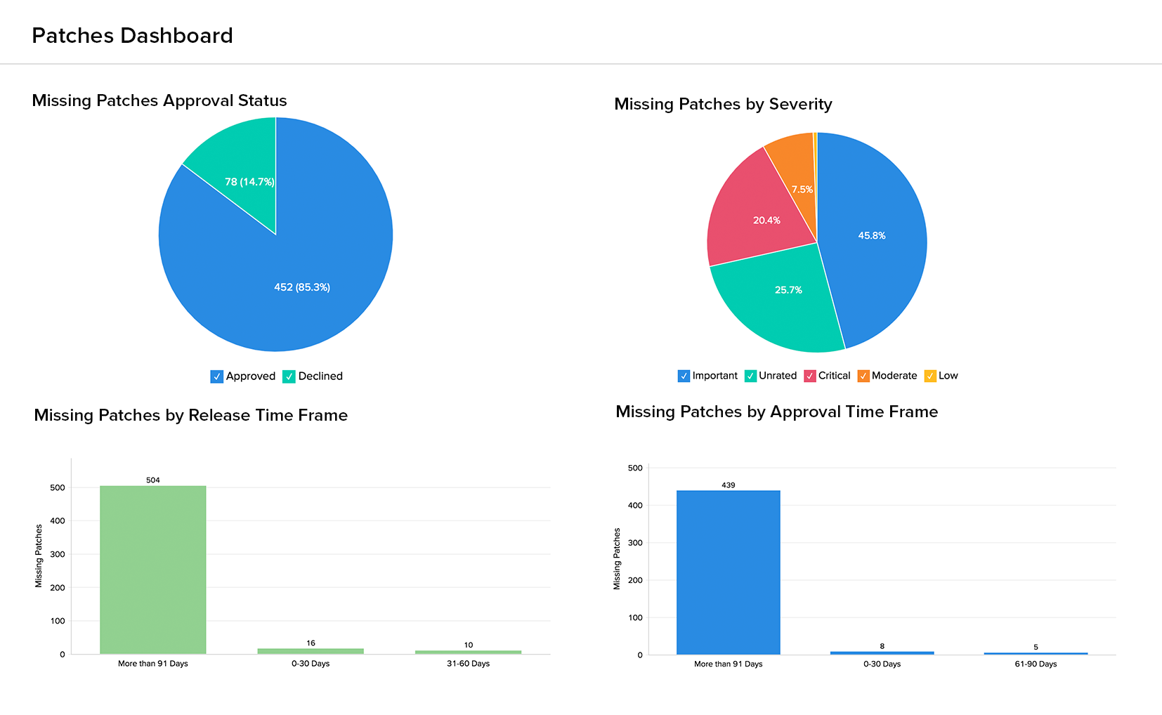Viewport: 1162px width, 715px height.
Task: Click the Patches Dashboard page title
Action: point(132,36)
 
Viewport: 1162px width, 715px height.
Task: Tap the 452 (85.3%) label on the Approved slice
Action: point(302,287)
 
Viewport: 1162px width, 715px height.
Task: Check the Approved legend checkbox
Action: point(217,376)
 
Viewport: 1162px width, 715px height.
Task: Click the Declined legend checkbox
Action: point(289,376)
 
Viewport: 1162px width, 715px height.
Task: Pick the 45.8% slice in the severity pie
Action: point(872,236)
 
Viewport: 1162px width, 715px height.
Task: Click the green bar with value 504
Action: point(153,569)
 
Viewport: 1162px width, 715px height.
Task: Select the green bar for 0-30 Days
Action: point(311,651)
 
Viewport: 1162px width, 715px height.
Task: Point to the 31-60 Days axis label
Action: point(468,664)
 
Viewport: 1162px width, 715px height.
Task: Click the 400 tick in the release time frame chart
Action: point(58,521)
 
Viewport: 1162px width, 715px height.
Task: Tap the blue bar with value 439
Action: point(728,572)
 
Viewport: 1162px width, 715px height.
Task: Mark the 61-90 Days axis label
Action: point(1036,664)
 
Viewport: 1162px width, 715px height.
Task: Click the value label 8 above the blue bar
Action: point(882,646)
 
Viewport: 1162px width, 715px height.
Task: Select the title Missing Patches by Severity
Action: point(723,105)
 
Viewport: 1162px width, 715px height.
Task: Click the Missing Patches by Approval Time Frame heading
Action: point(776,412)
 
